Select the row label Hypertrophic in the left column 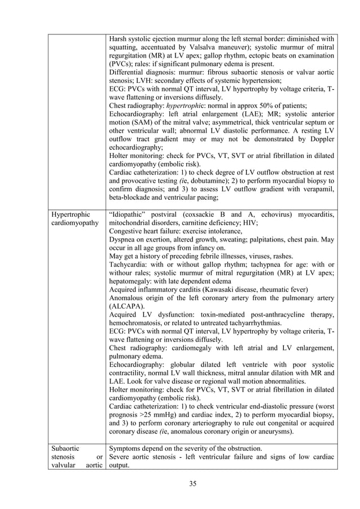[x=70, y=214]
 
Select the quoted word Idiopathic [x=131, y=214]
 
